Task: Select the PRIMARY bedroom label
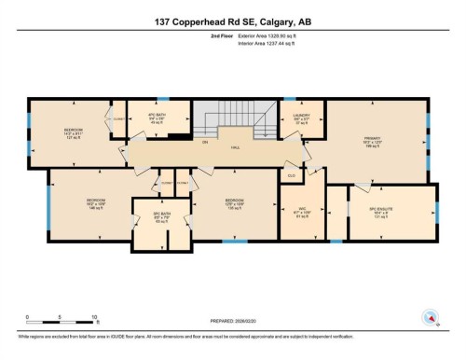pyautogui.click(x=373, y=141)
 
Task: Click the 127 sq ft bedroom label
pyautogui.click(x=73, y=132)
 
